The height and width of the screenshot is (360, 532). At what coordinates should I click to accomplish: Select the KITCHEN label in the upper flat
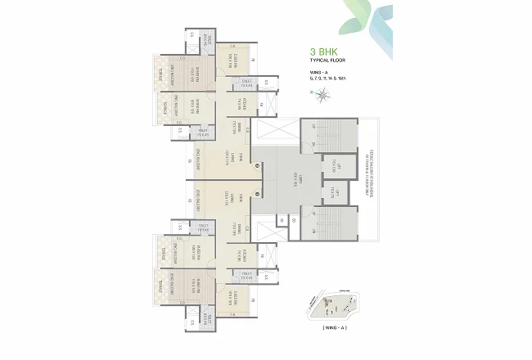[x=245, y=104]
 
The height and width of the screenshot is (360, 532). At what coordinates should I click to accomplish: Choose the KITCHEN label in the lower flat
[x=245, y=256]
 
